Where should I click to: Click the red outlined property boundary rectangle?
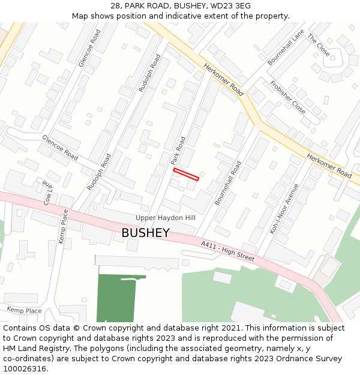tap(186, 174)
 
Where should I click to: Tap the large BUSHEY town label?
tap(145, 233)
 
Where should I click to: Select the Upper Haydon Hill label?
tap(166, 218)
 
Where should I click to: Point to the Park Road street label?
tap(178, 151)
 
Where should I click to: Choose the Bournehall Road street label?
tap(228, 183)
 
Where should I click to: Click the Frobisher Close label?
tap(287, 97)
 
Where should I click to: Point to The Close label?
tap(319, 46)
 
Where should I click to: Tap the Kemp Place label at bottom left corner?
tap(24, 310)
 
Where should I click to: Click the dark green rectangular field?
tap(120, 298)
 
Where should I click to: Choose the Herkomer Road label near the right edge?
tap(329, 165)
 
